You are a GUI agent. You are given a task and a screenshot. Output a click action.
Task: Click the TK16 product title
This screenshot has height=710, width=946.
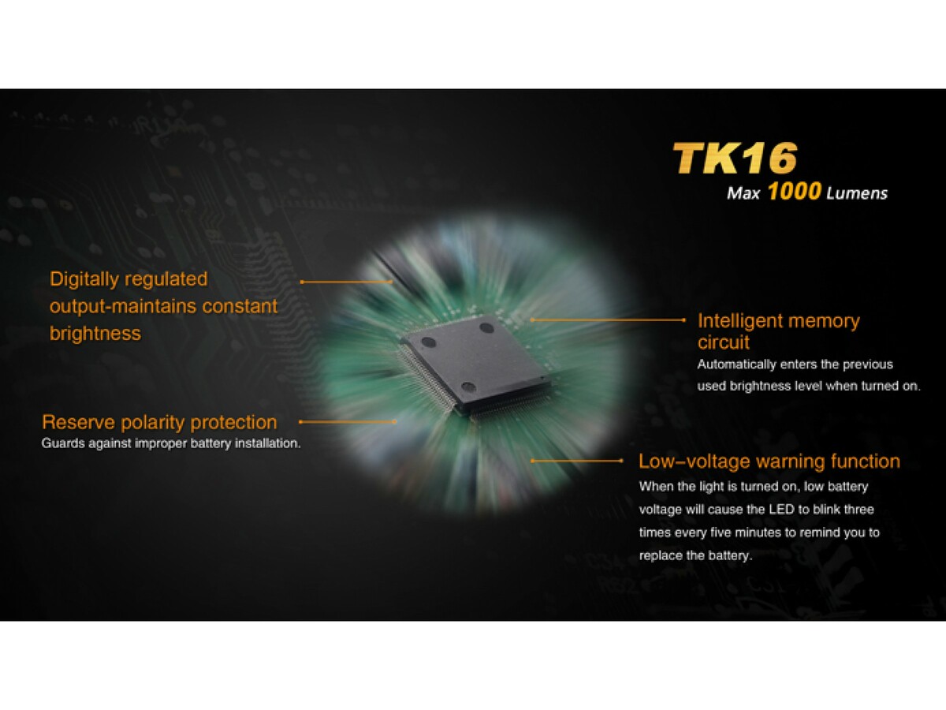(736, 159)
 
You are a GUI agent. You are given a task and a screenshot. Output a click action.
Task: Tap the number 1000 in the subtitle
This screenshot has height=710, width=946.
(795, 191)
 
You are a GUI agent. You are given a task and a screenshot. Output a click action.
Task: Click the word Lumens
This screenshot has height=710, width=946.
(857, 193)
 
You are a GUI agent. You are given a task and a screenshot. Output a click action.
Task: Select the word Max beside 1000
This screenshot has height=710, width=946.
(743, 193)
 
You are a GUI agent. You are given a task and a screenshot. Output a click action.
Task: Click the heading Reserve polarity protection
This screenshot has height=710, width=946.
(159, 422)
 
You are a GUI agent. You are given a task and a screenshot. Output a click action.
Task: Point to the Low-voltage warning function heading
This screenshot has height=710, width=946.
(769, 461)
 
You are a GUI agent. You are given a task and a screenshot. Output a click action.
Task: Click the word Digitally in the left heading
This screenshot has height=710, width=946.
(84, 280)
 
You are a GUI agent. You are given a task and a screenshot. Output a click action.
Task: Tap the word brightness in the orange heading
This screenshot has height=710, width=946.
(95, 333)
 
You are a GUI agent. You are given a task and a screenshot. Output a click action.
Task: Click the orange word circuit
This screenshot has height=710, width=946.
(724, 342)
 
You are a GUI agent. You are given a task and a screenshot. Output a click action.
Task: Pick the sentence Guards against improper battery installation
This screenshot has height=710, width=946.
(171, 443)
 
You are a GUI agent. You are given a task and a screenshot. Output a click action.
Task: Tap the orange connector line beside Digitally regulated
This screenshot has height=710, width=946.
(347, 282)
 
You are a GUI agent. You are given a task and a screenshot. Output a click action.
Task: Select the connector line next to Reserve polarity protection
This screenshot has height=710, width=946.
(348, 421)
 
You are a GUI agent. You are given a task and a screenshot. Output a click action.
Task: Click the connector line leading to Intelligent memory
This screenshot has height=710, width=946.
(608, 319)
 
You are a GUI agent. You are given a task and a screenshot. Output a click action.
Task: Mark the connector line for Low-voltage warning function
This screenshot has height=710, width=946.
(576, 461)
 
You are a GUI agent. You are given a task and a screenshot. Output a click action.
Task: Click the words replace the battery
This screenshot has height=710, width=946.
(695, 555)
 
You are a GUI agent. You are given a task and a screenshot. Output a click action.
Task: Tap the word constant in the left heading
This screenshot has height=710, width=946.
(240, 307)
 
